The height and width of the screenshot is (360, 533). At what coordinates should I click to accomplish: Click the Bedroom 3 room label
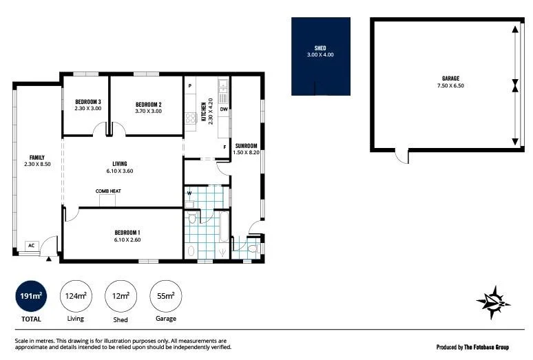click(88, 102)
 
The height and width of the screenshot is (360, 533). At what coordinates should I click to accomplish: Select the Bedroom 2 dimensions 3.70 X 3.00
click(148, 110)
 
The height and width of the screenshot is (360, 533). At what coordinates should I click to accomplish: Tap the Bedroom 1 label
click(127, 232)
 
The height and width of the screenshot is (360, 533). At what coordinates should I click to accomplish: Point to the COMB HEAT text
click(108, 191)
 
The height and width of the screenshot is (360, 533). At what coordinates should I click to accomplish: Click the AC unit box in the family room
click(31, 245)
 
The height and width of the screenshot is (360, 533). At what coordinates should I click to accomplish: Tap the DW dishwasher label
click(224, 109)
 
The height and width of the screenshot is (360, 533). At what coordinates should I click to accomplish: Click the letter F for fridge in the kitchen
click(224, 147)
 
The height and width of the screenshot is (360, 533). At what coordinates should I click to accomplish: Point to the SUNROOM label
click(246, 146)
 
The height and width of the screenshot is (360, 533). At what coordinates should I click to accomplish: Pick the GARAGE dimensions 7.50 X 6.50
click(451, 86)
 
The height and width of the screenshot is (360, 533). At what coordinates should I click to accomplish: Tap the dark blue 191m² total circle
click(30, 296)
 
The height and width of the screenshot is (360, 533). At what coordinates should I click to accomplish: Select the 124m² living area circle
click(75, 296)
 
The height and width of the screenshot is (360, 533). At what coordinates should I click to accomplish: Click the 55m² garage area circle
click(166, 296)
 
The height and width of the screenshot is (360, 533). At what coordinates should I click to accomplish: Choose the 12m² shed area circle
click(121, 296)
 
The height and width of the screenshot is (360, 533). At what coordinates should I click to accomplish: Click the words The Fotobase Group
click(492, 346)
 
